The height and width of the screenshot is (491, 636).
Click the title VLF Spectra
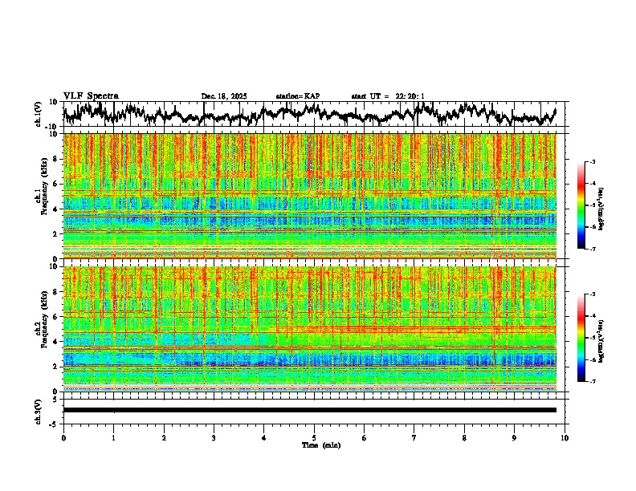tap(91, 95)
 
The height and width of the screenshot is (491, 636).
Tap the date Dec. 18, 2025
tap(224, 96)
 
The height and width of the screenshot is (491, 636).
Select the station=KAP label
tap(297, 96)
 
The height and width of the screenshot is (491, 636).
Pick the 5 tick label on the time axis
tap(314, 437)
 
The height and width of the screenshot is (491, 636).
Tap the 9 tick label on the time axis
tap(515, 437)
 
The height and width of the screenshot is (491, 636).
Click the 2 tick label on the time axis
tap(164, 437)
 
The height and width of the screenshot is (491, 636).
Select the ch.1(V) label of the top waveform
tap(39, 113)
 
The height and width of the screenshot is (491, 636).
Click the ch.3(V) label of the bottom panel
tap(39, 410)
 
